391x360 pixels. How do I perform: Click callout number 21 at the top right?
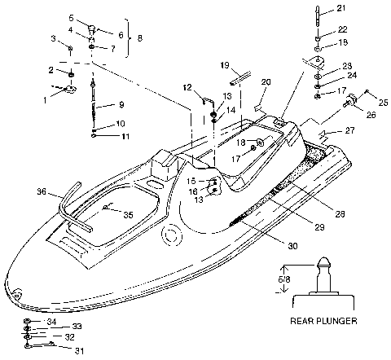[342, 9]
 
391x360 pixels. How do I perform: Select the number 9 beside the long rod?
[121, 104]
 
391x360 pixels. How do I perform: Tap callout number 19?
[225, 64]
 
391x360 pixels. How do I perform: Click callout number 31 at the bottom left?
[80, 352]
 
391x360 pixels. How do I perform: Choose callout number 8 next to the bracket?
[139, 38]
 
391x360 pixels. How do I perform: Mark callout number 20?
[266, 82]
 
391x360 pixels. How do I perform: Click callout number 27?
[351, 130]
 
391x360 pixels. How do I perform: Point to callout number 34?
[52, 323]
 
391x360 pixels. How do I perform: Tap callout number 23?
[347, 65]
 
